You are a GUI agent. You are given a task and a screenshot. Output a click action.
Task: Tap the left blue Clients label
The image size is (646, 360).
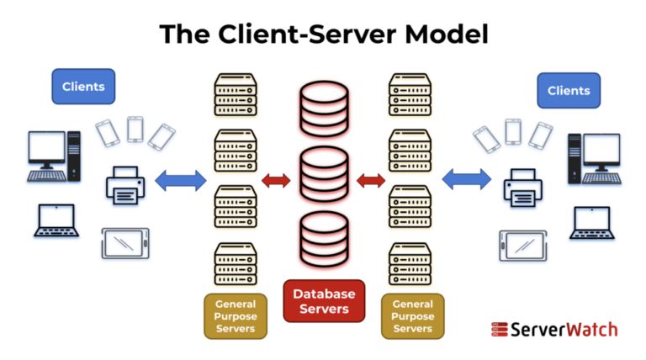click(82, 86)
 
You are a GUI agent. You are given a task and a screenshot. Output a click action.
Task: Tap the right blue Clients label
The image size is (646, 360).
click(569, 90)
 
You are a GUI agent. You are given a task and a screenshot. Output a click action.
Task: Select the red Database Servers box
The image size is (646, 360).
click(324, 301)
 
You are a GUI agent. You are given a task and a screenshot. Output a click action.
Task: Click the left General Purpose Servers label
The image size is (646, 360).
click(236, 315)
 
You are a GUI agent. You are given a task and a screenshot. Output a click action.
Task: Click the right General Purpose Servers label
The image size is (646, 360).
click(412, 315)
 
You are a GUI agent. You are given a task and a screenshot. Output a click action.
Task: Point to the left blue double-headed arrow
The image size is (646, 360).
click(181, 179)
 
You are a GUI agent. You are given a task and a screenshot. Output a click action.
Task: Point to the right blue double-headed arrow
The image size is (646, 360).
click(468, 179)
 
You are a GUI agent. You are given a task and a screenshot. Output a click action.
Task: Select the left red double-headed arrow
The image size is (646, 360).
click(276, 179)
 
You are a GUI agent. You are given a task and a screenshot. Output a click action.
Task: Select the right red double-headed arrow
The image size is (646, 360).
click(371, 179)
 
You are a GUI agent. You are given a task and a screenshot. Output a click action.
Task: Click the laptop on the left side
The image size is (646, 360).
click(55, 220)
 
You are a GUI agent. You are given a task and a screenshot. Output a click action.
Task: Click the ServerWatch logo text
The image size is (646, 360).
click(554, 329)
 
